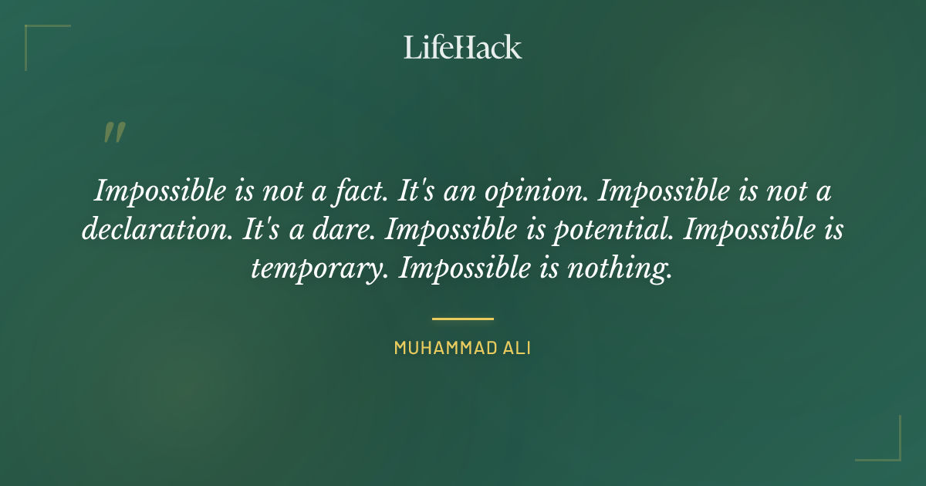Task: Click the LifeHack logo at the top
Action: (463, 47)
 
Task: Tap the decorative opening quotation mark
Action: (113, 133)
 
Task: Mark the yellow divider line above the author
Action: (463, 318)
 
